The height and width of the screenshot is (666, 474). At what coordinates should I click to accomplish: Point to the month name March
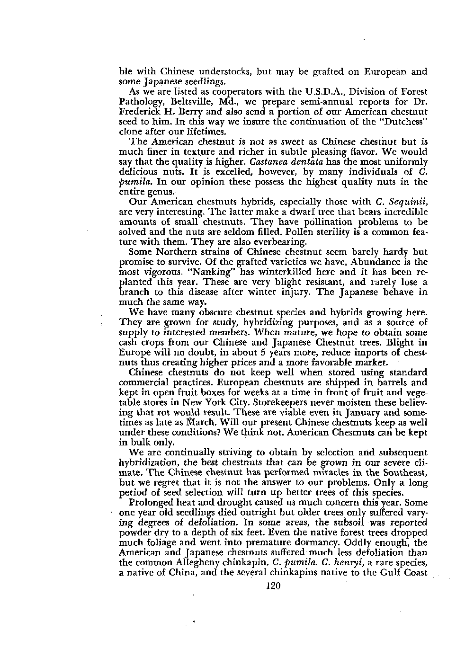[x=189, y=423]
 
